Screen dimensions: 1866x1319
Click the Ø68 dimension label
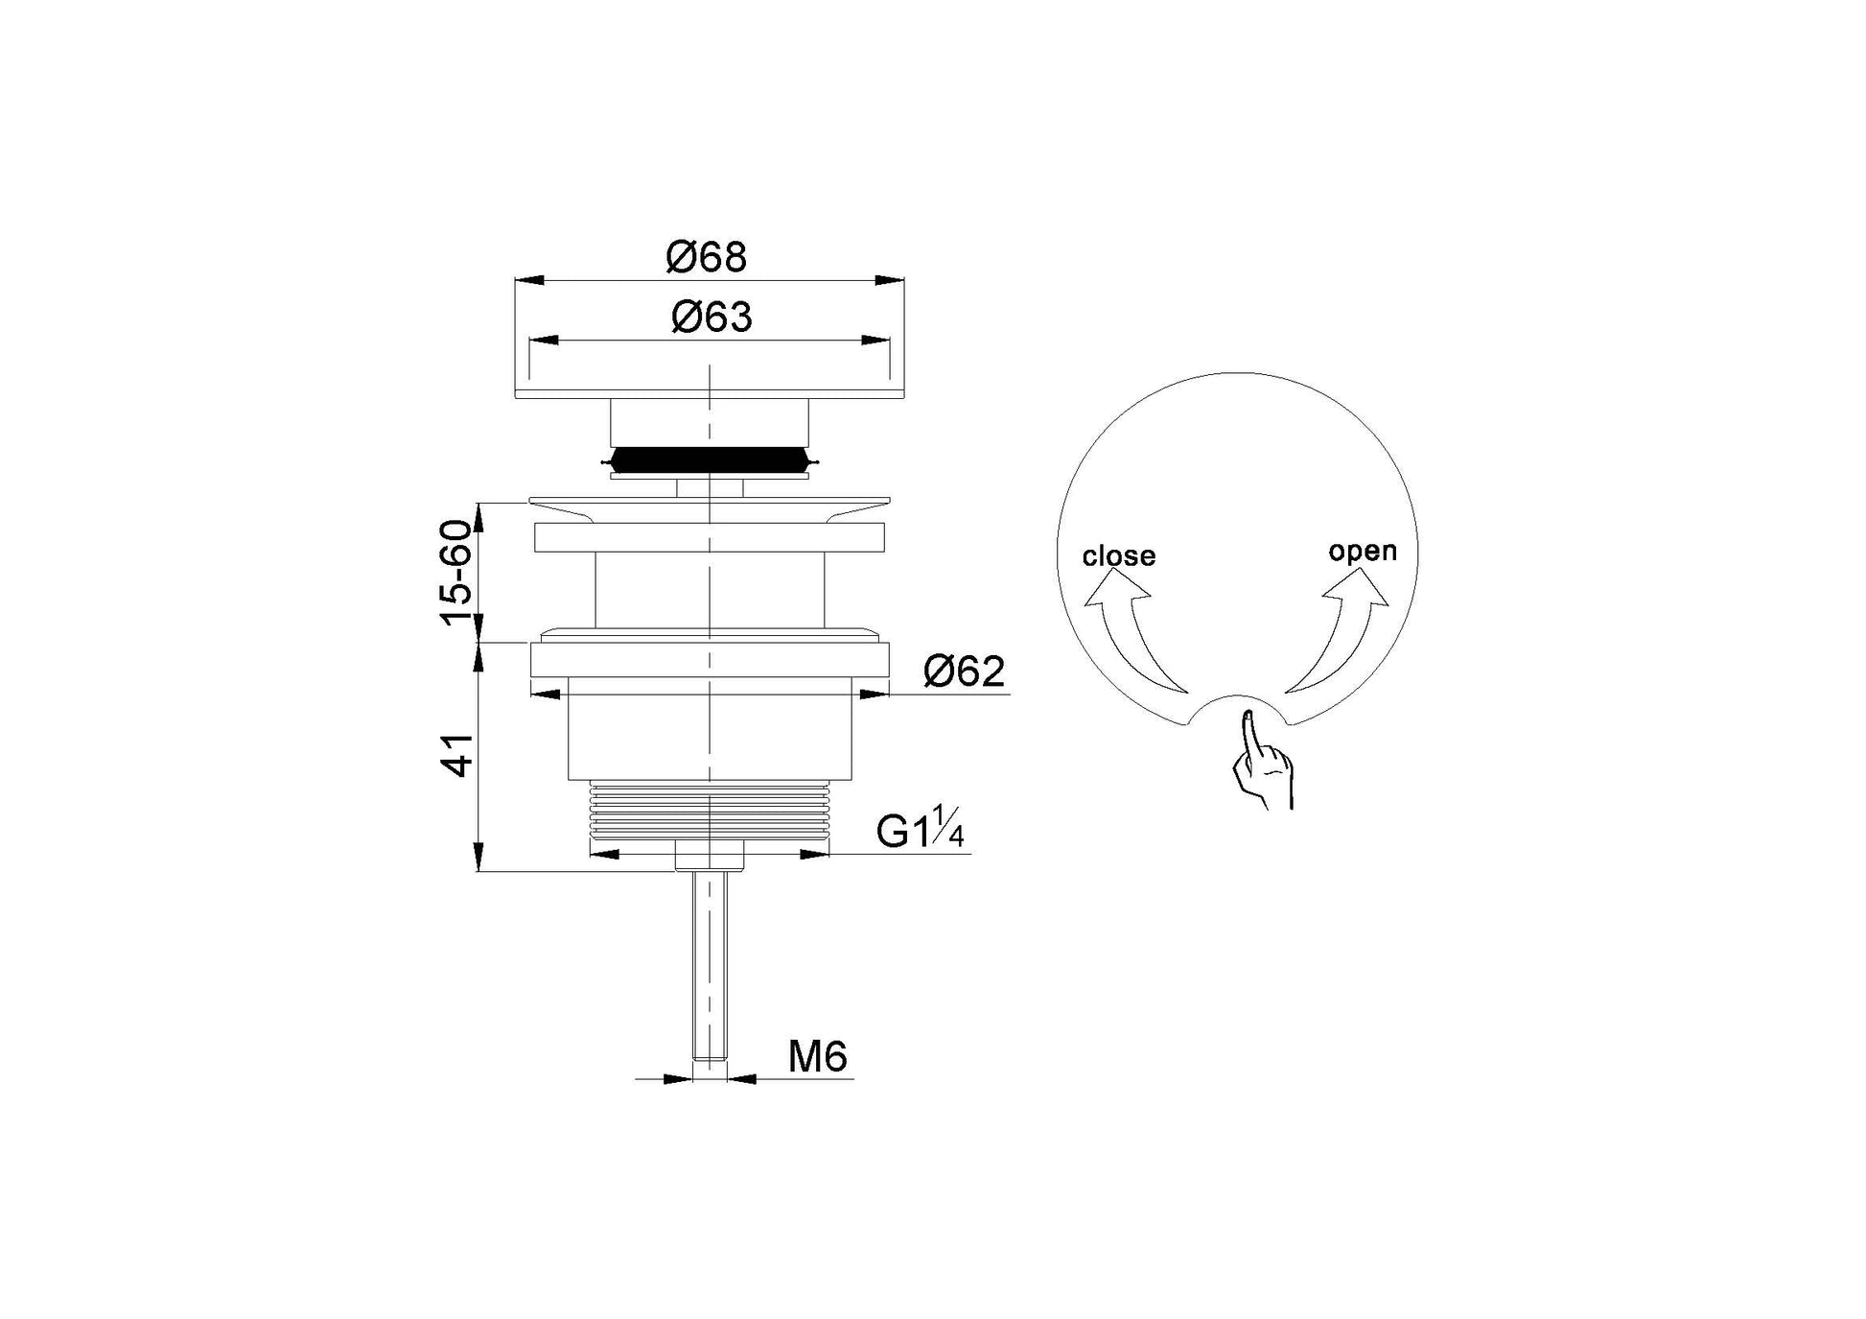[707, 257]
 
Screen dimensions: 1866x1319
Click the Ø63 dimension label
[711, 317]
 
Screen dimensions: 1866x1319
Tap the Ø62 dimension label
[965, 671]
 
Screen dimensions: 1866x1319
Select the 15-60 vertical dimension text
[456, 572]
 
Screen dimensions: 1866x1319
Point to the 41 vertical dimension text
[458, 755]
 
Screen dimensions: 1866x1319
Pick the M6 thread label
[818, 1057]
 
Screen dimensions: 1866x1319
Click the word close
[1119, 556]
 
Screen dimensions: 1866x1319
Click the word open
[1363, 552]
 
